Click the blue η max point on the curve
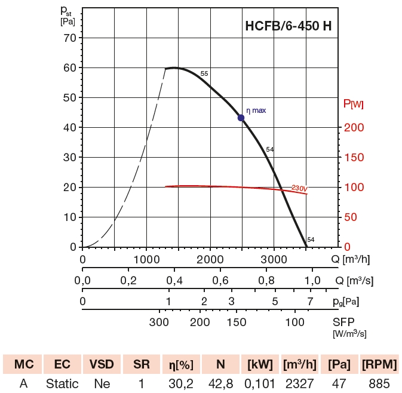pyautogui.click(x=241, y=118)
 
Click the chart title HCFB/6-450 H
pyautogui.click(x=289, y=26)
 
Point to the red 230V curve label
pyautogui.click(x=299, y=189)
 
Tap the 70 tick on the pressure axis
pyautogui.click(x=70, y=38)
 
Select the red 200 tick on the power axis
pyautogui.click(x=353, y=127)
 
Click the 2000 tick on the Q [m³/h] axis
pyautogui.click(x=210, y=260)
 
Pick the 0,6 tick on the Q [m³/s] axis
pyautogui.click(x=220, y=281)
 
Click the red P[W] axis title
pyautogui.click(x=353, y=105)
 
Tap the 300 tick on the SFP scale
pyautogui.click(x=159, y=323)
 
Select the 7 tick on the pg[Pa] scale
pyautogui.click(x=309, y=301)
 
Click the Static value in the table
pyautogui.click(x=62, y=383)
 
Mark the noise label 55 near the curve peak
pyautogui.click(x=204, y=73)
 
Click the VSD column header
pyautogui.click(x=102, y=364)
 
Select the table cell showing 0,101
pyautogui.click(x=259, y=383)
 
